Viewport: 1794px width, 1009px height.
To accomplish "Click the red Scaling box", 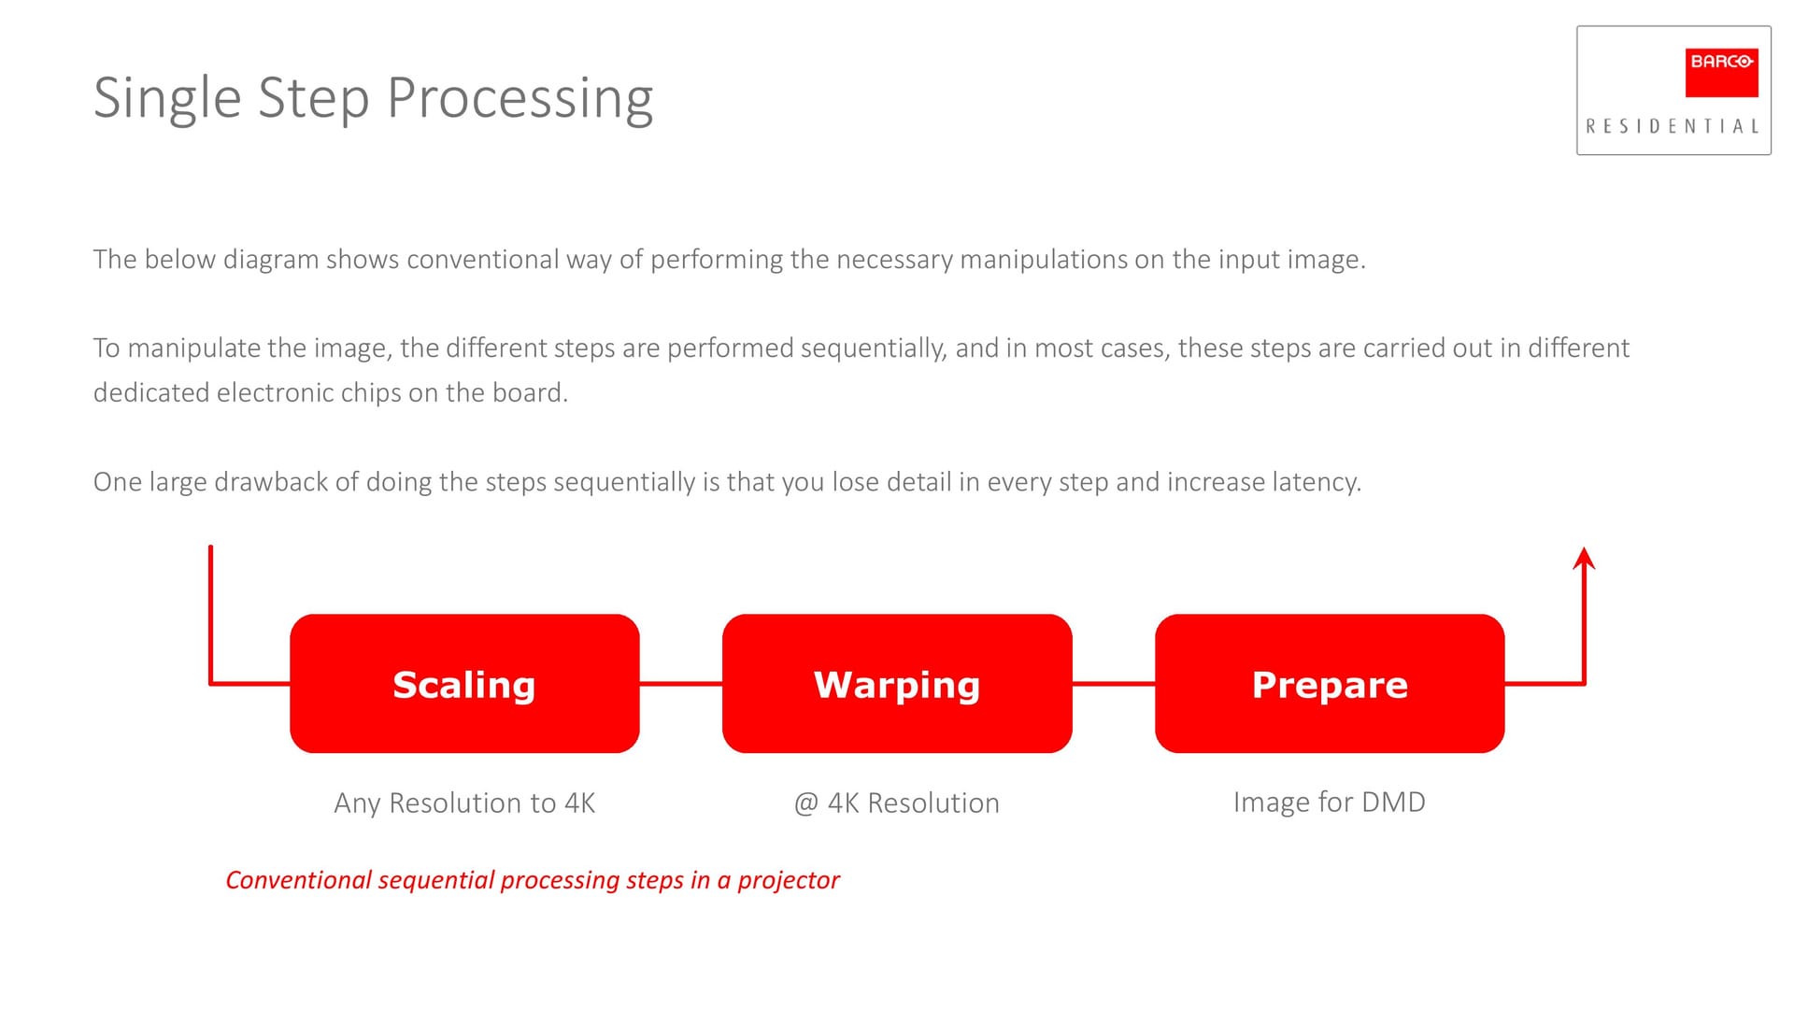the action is tap(464, 683).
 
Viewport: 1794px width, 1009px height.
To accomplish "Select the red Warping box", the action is tap(897, 683).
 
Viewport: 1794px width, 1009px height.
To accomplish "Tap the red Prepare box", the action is tap(1330, 683).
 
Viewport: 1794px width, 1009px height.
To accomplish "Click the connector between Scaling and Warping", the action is tap(681, 684).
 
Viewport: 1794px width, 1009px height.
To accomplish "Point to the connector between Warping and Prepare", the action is tap(1114, 684).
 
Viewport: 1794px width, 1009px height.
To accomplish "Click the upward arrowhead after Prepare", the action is tap(1584, 558).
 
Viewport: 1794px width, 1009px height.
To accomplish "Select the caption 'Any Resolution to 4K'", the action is tap(464, 803).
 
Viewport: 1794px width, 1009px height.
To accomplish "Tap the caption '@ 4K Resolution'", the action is tap(897, 803).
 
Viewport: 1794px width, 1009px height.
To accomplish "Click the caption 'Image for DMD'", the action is tap(1329, 803).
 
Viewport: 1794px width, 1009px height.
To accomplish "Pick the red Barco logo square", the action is tap(1721, 73).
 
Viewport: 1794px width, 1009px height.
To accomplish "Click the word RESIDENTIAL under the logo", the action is tap(1673, 126).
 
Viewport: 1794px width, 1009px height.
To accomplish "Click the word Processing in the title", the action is tap(520, 99).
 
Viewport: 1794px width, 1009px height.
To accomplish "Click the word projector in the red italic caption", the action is tap(789, 881).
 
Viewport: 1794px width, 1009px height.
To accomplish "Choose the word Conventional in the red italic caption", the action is tap(299, 880).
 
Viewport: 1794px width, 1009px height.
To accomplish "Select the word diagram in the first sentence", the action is tap(271, 260).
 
